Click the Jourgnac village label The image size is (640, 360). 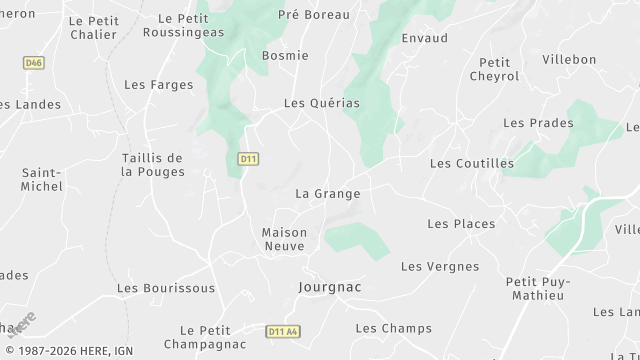(329, 287)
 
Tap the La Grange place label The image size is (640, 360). (327, 193)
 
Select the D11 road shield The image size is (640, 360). (249, 159)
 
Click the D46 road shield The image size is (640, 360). (34, 62)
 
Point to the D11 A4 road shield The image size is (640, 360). (284, 331)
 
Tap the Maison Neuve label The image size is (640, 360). (284, 239)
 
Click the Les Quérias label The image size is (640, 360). (321, 103)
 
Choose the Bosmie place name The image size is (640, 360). (284, 56)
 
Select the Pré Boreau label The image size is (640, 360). (313, 16)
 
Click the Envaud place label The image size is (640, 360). (424, 38)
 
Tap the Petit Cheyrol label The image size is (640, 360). (494, 69)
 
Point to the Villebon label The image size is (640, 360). (569, 60)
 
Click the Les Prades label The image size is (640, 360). (538, 123)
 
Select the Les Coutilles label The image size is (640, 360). (471, 163)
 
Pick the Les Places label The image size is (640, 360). (460, 224)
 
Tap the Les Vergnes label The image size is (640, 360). (439, 267)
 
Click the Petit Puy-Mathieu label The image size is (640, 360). (536, 288)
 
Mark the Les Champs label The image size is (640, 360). (393, 328)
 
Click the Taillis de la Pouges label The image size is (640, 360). (153, 165)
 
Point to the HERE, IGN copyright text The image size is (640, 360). (68, 351)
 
